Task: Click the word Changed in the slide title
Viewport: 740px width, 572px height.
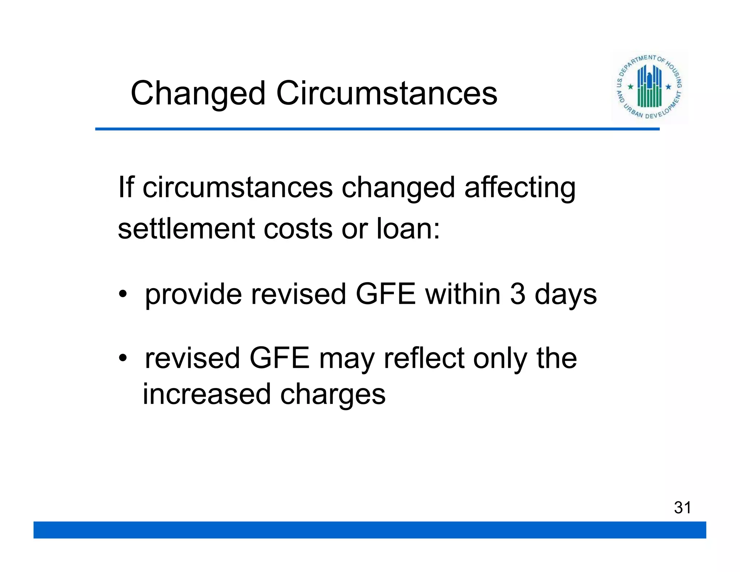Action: (198, 94)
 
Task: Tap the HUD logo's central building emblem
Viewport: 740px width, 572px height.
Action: (649, 86)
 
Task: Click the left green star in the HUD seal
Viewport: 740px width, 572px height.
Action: (631, 87)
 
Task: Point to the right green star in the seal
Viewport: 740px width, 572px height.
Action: (668, 87)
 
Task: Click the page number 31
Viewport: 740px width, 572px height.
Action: (682, 508)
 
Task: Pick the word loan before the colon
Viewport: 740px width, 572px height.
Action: (404, 229)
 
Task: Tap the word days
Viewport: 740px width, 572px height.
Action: (565, 295)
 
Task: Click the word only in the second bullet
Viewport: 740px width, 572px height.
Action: (500, 359)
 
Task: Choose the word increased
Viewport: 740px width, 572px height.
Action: (207, 394)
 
